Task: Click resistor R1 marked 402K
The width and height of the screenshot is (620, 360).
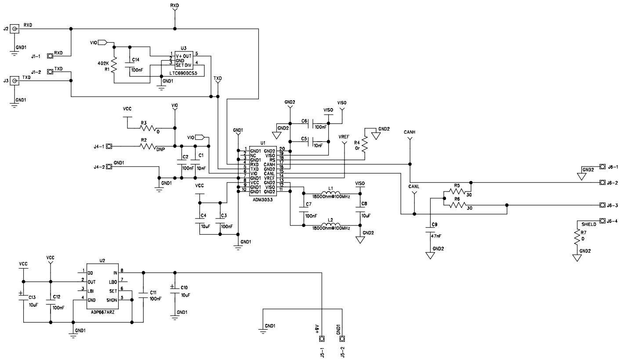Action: click(x=114, y=66)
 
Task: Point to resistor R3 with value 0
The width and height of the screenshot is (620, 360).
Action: click(x=149, y=128)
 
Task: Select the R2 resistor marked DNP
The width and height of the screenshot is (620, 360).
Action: click(x=149, y=146)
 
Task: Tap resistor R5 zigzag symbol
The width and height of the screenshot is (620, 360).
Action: click(x=457, y=191)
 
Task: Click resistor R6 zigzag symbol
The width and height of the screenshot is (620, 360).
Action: click(x=457, y=205)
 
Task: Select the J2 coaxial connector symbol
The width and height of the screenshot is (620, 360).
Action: click(x=15, y=29)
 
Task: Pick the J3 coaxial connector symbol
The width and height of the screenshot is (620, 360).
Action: click(x=15, y=81)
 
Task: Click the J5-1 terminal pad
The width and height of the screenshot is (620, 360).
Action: click(x=322, y=339)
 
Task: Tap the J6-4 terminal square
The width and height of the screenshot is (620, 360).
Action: click(x=602, y=221)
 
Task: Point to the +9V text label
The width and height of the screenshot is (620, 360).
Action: click(x=317, y=329)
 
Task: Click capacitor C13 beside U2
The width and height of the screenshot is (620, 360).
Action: click(x=23, y=297)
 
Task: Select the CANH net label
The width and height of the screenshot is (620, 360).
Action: click(x=409, y=132)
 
